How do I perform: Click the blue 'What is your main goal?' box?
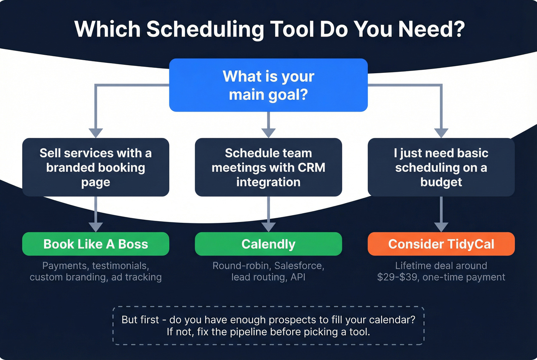(x=268, y=85)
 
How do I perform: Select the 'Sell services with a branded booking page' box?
(x=96, y=167)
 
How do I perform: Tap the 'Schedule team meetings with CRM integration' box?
(x=268, y=167)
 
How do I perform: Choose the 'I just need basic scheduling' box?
(x=441, y=167)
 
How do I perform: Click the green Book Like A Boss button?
(x=96, y=244)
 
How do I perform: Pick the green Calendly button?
(x=268, y=244)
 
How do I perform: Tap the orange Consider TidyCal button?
(x=441, y=244)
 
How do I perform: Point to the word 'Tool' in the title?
(x=292, y=29)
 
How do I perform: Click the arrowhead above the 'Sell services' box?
(x=96, y=133)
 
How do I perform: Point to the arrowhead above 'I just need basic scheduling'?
(x=441, y=133)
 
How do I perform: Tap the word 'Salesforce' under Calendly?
(x=299, y=266)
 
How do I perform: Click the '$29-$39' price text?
(x=397, y=277)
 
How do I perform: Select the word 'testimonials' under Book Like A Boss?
(x=120, y=266)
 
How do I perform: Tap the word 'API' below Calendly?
(x=298, y=277)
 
